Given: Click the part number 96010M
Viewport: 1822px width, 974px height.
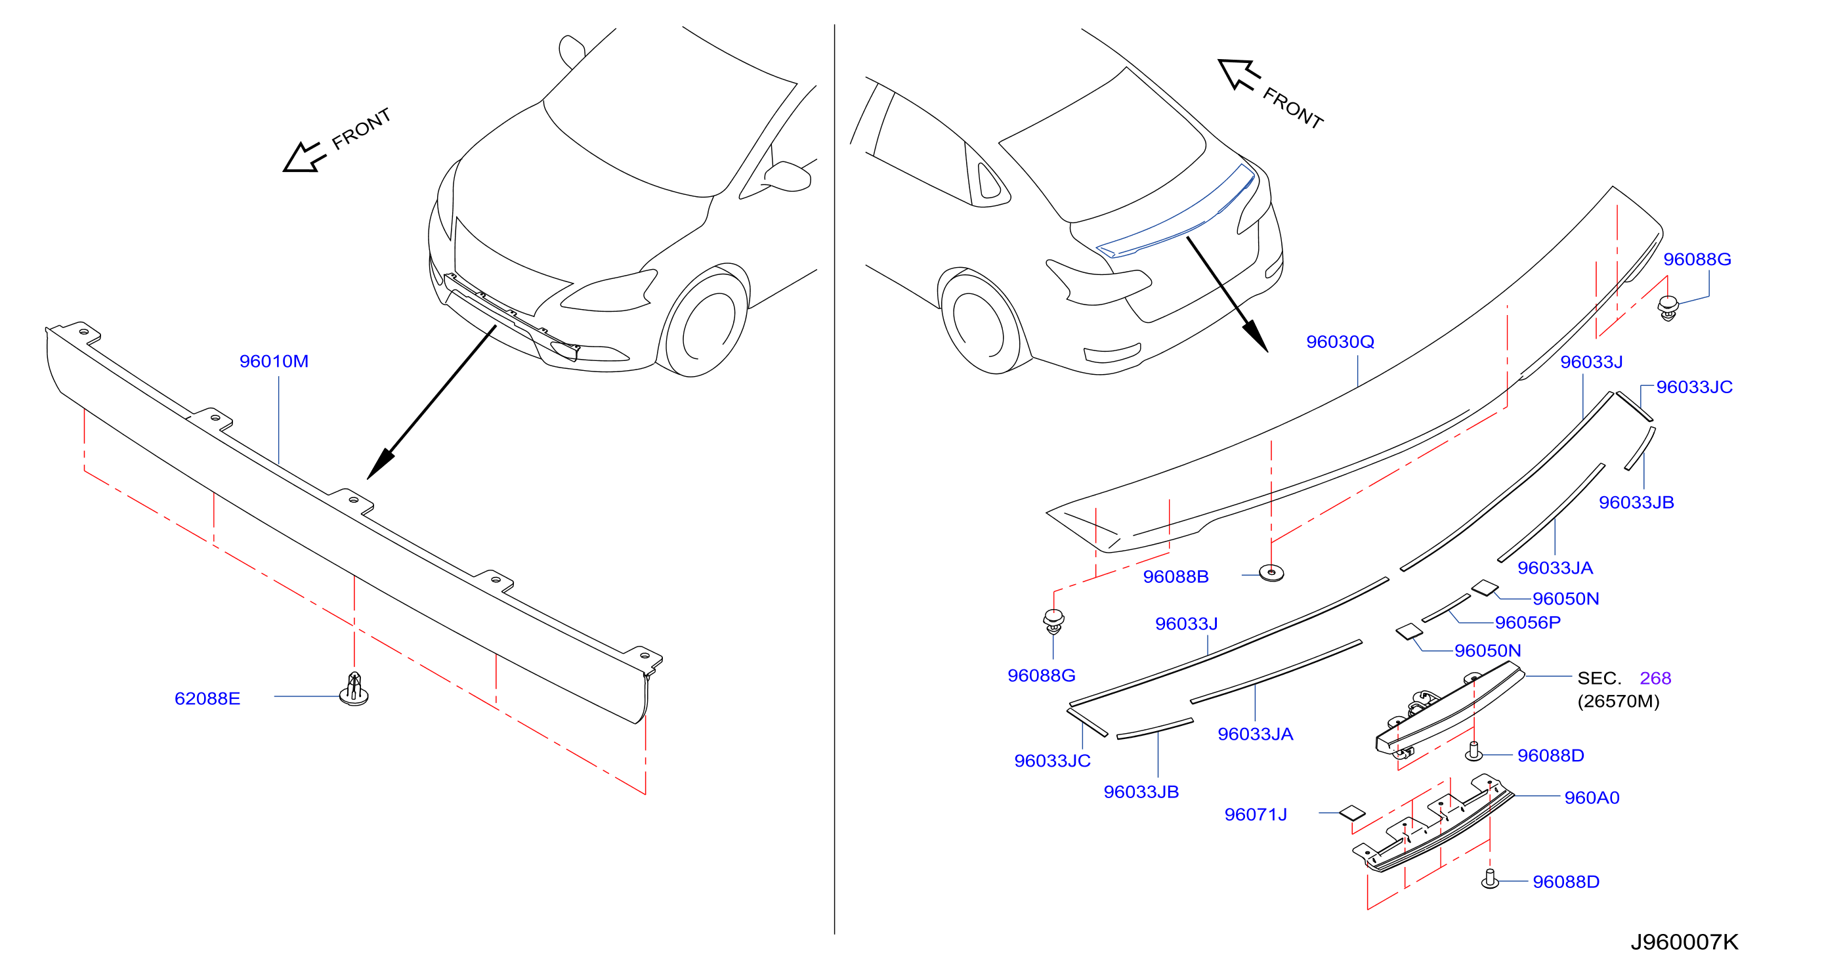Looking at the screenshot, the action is pos(274,362).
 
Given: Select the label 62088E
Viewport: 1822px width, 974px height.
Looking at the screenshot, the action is pos(207,699).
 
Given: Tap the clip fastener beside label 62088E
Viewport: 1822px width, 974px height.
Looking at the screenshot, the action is pos(354,689).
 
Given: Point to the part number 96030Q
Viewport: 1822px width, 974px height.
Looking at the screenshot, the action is pos(1340,342).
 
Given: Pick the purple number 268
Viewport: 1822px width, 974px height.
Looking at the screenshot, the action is pos(1655,679).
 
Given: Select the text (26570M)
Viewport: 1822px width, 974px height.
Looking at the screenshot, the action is pos(1619,701).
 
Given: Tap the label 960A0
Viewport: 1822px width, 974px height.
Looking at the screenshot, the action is pos(1592,798).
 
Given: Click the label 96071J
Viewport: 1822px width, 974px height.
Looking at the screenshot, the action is pos(1256,815).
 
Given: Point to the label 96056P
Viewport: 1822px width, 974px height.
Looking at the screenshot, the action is pos(1527,622).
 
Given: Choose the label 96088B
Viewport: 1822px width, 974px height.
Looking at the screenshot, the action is pos(1176,576).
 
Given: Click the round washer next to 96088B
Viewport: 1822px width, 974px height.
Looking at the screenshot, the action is pos(1271,573).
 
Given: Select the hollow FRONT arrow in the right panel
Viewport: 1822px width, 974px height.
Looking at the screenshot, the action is pos(1239,74).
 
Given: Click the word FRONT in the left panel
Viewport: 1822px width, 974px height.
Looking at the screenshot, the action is pos(362,129).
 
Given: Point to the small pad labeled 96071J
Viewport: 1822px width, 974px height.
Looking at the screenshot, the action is pos(1352,813).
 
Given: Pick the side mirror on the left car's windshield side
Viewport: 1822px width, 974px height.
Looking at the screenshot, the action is pos(786,176).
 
